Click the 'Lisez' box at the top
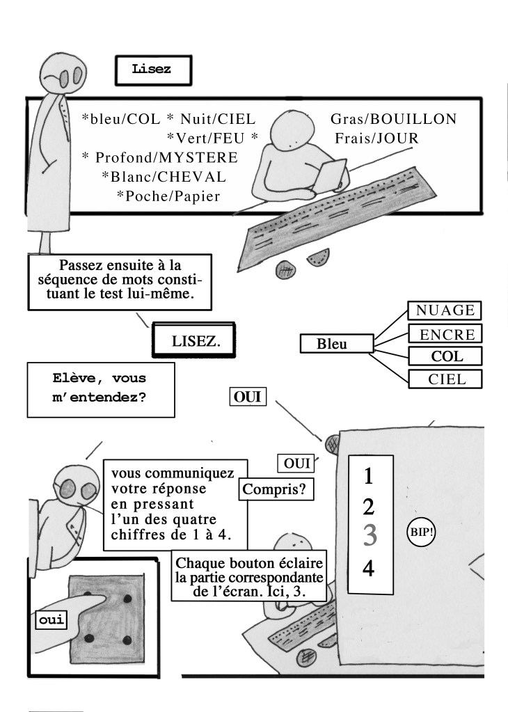click(x=151, y=70)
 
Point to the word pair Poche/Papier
click(x=168, y=196)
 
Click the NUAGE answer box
click(x=445, y=310)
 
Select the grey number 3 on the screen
click(x=370, y=536)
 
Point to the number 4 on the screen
click(x=369, y=569)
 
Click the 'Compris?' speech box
click(x=276, y=489)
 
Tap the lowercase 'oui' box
click(x=48, y=620)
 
